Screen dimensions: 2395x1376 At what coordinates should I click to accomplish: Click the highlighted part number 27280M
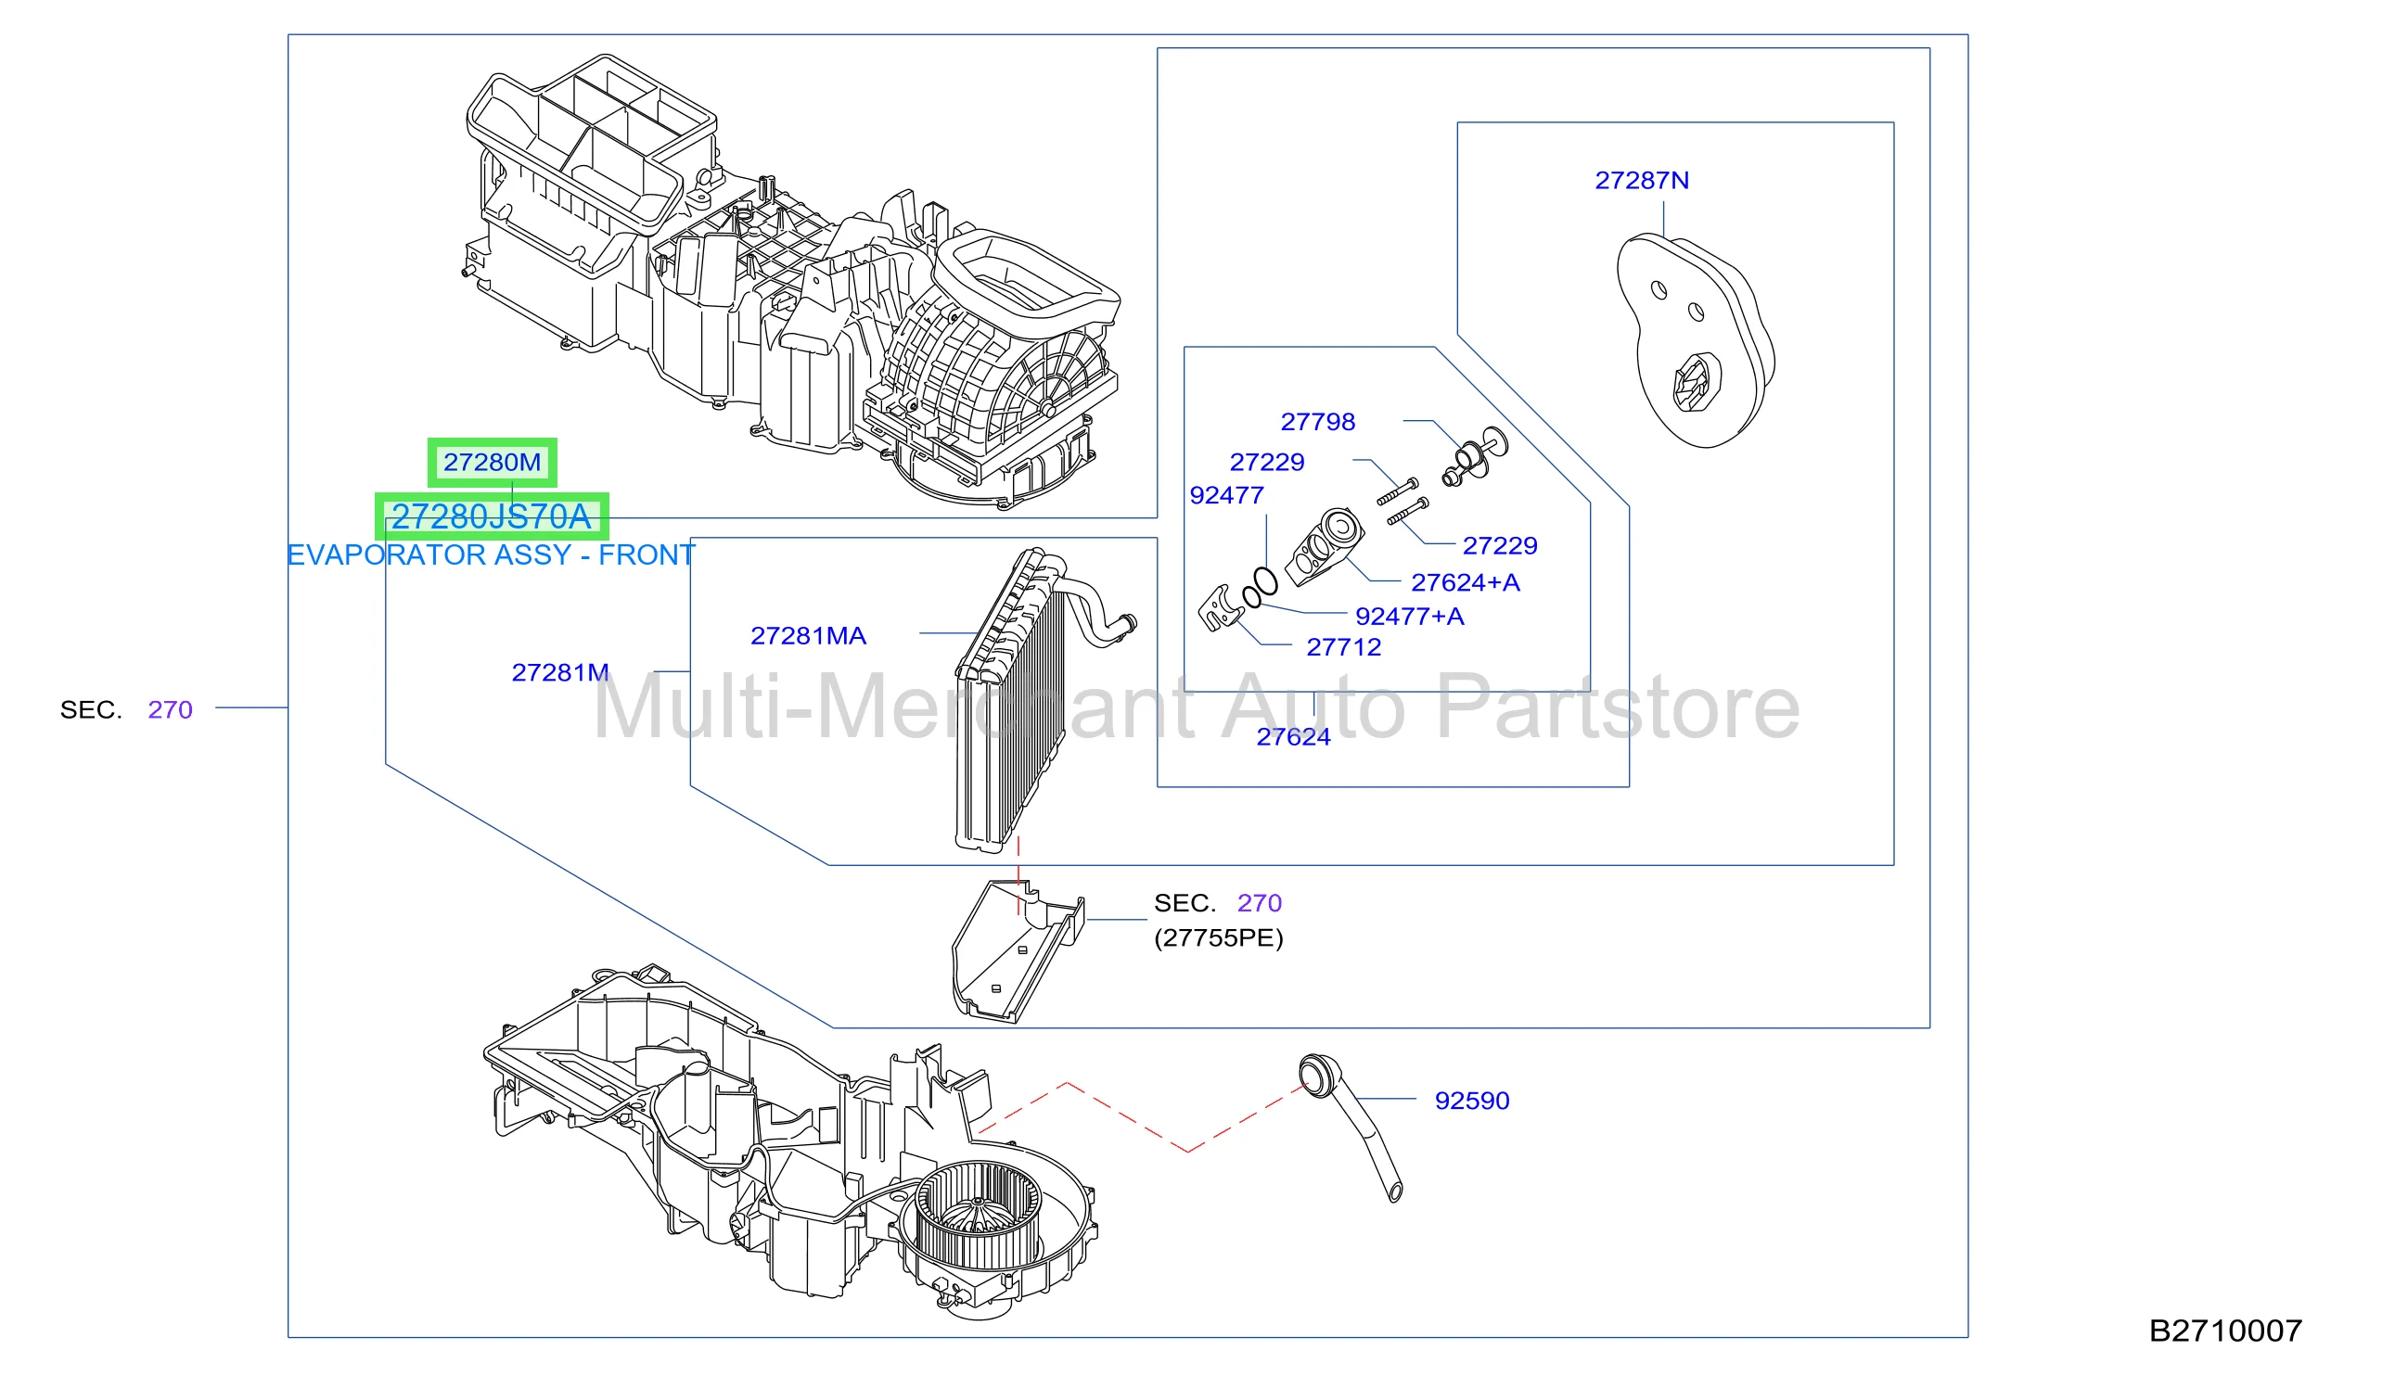492,462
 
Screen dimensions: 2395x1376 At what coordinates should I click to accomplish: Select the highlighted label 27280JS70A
492,516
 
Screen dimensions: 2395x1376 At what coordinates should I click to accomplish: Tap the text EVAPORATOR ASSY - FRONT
492,554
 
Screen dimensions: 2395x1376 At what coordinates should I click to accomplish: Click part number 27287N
1642,181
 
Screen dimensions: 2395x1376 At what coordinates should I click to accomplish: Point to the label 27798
1317,422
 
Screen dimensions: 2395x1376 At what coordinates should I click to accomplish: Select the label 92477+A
1409,617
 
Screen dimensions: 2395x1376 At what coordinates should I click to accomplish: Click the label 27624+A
1465,582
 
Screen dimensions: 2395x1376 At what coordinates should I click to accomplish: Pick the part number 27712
1343,647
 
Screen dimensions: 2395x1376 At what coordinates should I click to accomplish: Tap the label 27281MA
808,636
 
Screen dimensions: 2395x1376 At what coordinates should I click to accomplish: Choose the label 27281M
559,673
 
